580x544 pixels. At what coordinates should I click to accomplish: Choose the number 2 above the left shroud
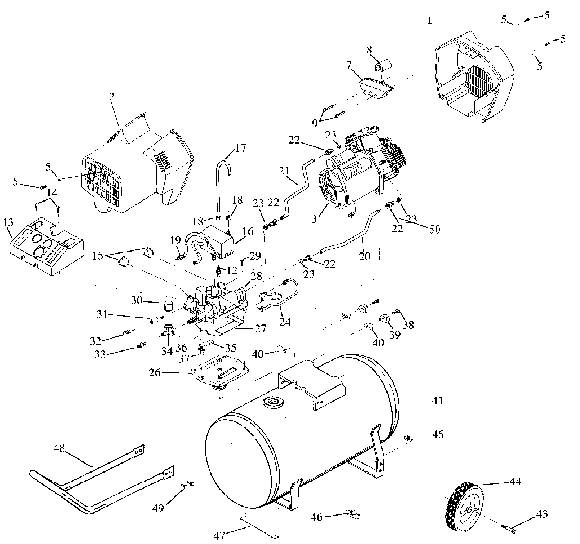click(x=112, y=97)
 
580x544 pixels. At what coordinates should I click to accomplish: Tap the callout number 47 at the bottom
click(x=219, y=535)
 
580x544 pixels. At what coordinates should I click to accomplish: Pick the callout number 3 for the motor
click(x=314, y=219)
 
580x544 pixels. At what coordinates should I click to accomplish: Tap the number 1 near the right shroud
click(x=430, y=21)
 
